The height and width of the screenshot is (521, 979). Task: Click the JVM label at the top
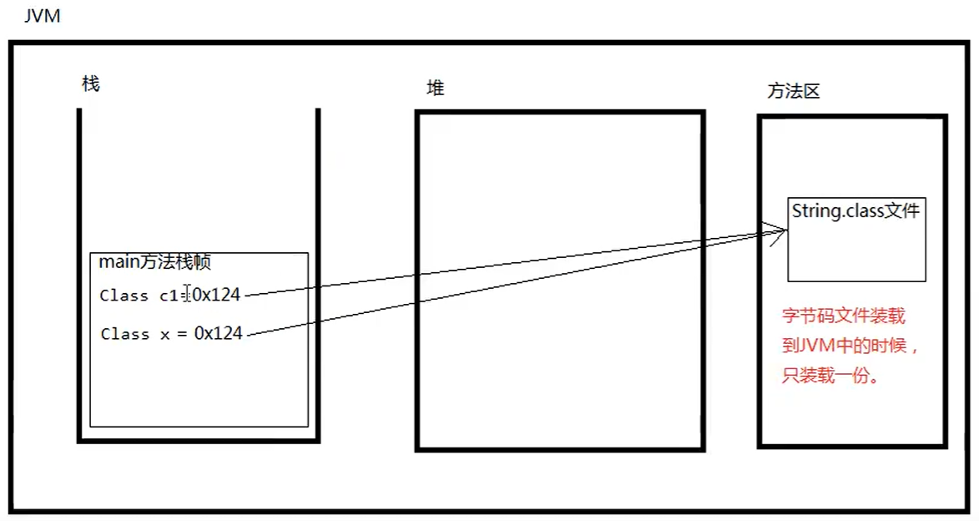43,16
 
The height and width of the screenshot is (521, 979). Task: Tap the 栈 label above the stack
91,83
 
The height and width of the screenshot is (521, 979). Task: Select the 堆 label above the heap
435,88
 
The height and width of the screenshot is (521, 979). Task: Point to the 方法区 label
794,91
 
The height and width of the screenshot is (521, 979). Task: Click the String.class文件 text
855,211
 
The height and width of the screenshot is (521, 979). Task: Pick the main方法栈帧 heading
155,262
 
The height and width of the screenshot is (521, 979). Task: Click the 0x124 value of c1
217,295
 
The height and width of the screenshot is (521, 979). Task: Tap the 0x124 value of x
219,333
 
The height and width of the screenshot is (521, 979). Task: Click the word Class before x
124,334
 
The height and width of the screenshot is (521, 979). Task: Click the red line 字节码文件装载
843,316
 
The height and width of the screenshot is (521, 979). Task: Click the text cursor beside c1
188,294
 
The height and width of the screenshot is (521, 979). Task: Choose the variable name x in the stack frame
166,334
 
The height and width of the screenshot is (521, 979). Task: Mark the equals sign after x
183,334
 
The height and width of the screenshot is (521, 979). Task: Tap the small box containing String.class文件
856,250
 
